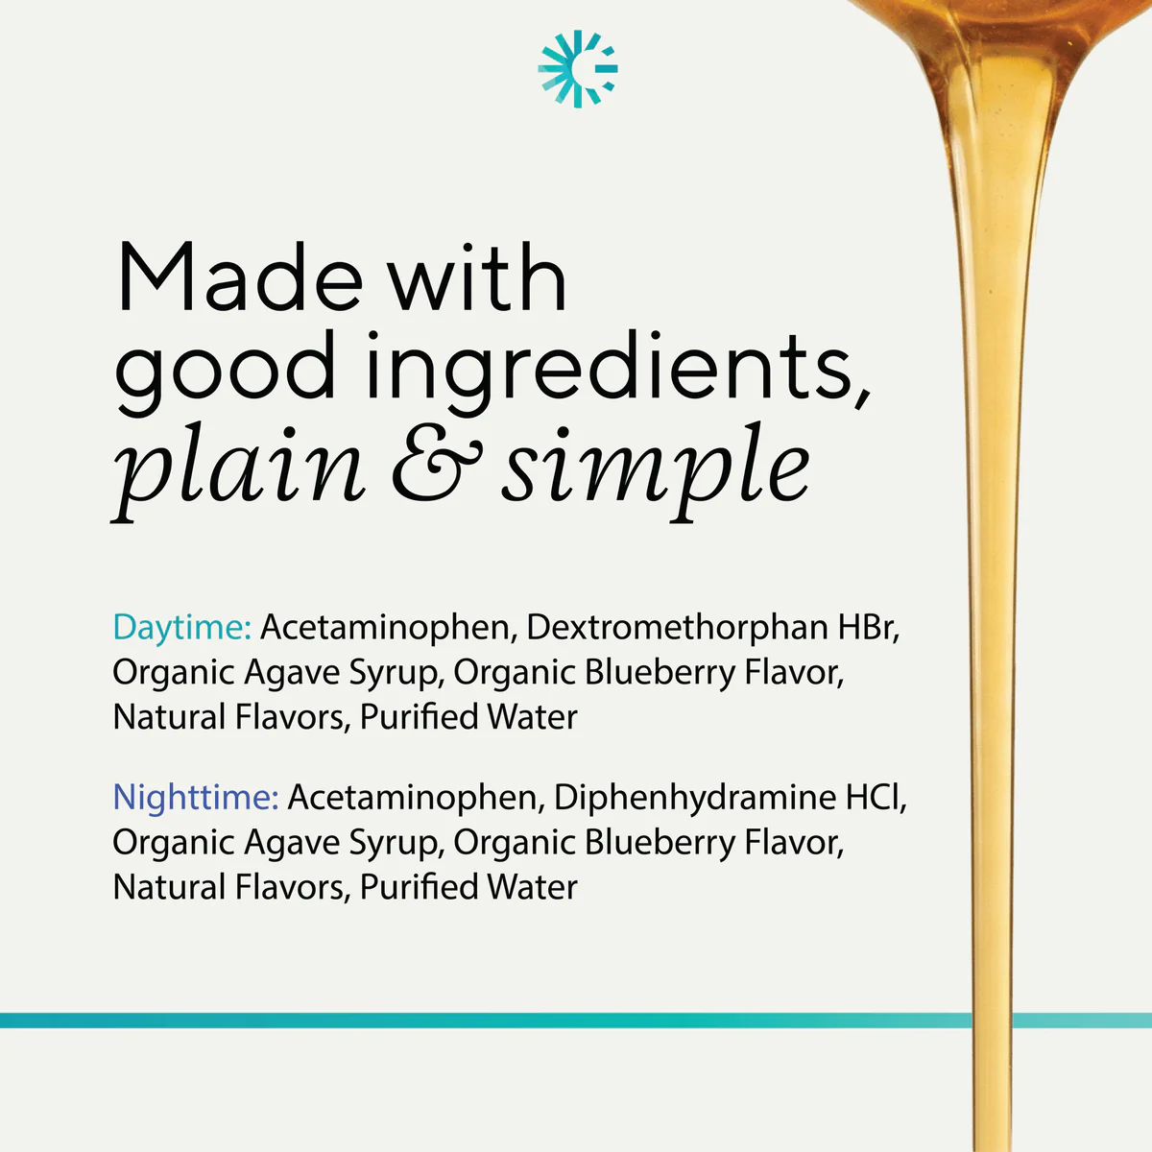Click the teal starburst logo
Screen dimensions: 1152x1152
pos(578,69)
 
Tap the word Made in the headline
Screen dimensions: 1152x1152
pos(239,276)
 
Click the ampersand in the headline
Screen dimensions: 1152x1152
pos(437,464)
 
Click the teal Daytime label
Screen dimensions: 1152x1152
pos(182,628)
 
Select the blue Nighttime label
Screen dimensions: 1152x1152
pos(196,798)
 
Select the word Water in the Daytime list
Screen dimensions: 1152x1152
pos(532,717)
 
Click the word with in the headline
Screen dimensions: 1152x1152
pos(476,276)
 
